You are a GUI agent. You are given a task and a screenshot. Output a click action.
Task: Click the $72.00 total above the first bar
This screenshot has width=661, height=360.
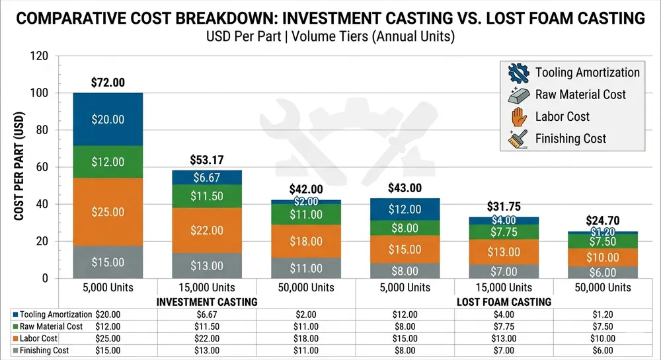108,83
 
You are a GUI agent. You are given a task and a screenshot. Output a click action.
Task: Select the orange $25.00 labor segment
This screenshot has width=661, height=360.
108,212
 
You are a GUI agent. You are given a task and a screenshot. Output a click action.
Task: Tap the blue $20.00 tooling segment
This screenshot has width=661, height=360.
108,120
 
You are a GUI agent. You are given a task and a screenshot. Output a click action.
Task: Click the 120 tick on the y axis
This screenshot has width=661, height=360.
41,56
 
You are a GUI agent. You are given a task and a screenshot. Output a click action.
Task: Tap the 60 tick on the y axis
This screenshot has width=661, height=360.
44,167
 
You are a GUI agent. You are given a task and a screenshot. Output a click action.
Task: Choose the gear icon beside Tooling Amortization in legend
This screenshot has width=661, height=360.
518,73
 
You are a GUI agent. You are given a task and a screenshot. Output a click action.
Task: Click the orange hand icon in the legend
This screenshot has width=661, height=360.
518,116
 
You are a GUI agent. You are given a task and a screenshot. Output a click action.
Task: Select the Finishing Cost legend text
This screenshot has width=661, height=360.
570,139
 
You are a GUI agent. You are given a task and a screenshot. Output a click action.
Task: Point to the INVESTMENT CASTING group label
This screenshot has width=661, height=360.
207,301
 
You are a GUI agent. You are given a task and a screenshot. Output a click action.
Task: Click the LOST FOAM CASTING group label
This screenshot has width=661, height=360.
504,301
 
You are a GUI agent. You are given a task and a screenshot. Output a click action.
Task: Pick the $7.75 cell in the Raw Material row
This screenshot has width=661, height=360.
504,326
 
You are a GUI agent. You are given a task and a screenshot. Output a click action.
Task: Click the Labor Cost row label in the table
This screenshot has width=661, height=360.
40,338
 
